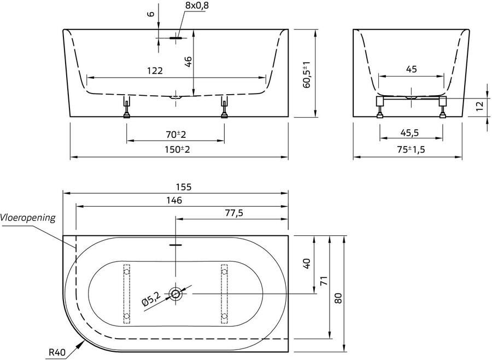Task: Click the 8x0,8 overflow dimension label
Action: coord(197,5)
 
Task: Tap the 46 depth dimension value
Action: coord(188,61)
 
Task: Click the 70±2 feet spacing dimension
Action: coord(175,134)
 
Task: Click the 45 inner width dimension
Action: coord(412,69)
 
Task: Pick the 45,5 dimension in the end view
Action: coord(411,133)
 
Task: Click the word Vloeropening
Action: coord(28,217)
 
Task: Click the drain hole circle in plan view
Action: coord(176,294)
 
